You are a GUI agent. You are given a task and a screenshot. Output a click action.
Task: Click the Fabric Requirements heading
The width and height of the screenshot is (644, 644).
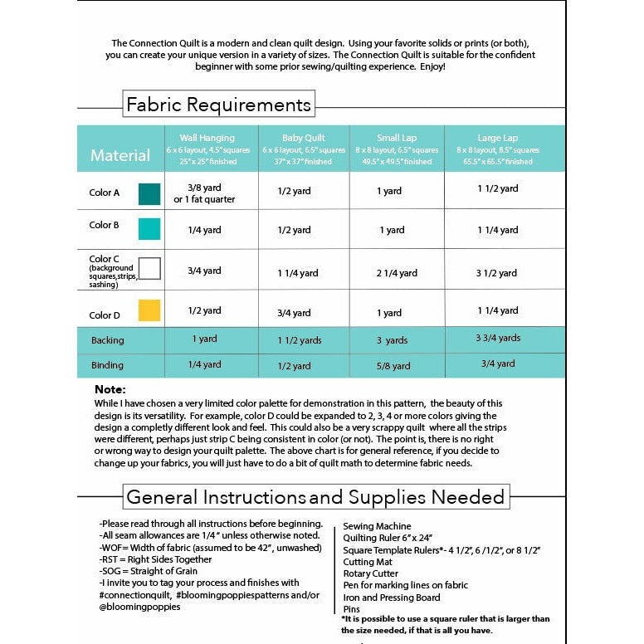click(218, 105)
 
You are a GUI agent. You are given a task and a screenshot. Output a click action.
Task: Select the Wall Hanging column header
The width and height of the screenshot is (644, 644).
click(207, 138)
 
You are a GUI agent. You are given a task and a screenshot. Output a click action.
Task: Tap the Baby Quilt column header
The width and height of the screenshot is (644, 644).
click(303, 138)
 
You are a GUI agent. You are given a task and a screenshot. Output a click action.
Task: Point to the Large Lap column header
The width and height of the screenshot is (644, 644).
click(497, 138)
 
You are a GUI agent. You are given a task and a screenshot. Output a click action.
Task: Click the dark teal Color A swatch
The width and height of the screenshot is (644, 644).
click(149, 193)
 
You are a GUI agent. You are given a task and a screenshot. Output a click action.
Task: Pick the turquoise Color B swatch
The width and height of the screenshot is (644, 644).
click(149, 228)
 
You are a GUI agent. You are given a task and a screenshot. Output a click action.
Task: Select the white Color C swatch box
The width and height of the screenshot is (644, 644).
click(149, 268)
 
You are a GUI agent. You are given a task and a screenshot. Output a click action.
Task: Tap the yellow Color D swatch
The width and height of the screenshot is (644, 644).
click(149, 310)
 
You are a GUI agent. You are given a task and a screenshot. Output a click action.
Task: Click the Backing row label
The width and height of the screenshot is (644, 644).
click(107, 340)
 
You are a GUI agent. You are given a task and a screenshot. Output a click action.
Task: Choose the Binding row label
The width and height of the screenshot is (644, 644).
click(107, 365)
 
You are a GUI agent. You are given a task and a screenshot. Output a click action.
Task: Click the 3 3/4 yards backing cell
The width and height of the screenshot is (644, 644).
click(498, 338)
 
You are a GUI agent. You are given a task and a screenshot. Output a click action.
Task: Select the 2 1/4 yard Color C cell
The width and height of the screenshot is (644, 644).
click(397, 273)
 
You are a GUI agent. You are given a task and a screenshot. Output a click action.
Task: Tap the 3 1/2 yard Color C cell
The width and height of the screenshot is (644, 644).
click(496, 272)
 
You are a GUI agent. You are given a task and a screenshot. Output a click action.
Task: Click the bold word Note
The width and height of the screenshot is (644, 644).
click(110, 389)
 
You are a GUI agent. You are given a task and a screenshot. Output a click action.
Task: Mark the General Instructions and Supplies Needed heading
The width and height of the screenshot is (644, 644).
click(315, 497)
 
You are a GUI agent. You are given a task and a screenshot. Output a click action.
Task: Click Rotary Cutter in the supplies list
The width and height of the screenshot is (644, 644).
click(370, 573)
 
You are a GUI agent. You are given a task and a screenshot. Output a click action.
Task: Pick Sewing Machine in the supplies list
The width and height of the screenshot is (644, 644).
click(377, 526)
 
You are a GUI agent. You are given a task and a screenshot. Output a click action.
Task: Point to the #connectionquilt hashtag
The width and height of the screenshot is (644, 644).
click(134, 595)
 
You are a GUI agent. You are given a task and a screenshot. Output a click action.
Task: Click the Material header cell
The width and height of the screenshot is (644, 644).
click(120, 155)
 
